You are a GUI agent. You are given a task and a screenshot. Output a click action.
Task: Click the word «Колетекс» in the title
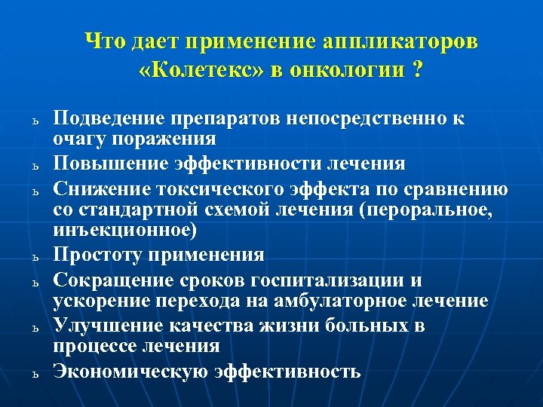186,72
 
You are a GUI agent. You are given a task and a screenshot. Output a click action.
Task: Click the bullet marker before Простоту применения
35,256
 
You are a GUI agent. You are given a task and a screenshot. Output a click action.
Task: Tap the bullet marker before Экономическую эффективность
35,373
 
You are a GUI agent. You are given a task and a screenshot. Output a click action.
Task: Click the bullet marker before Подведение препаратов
35,121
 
